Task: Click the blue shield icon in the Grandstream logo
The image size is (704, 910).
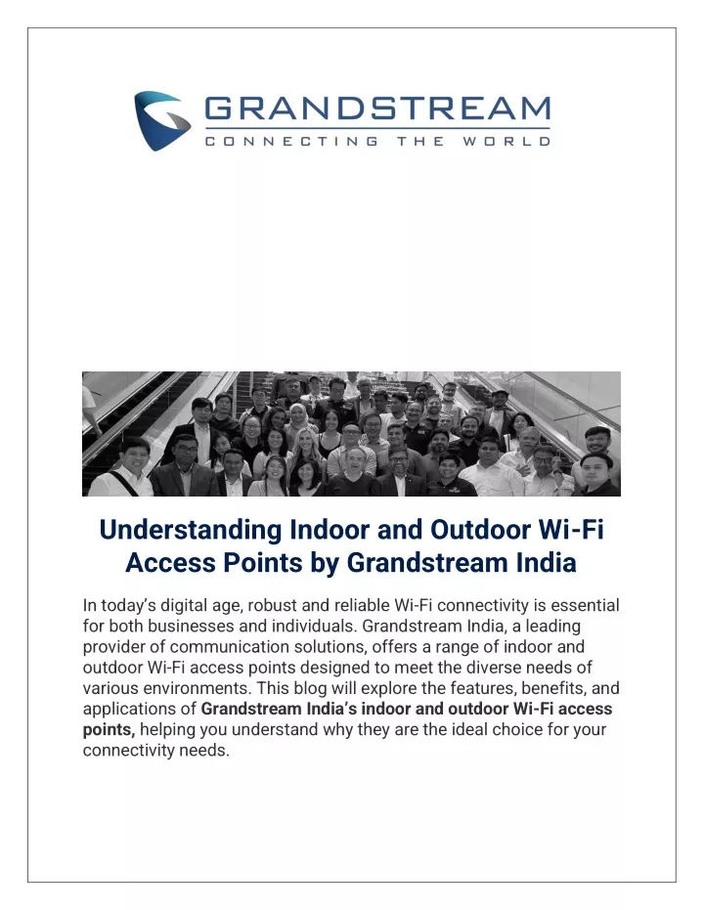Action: coord(162,120)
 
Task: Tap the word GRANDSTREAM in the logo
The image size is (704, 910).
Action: coord(377,108)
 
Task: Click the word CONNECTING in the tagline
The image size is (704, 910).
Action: coord(291,141)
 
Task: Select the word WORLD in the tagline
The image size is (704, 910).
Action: coord(506,141)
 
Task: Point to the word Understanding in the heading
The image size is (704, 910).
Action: coord(191,531)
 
